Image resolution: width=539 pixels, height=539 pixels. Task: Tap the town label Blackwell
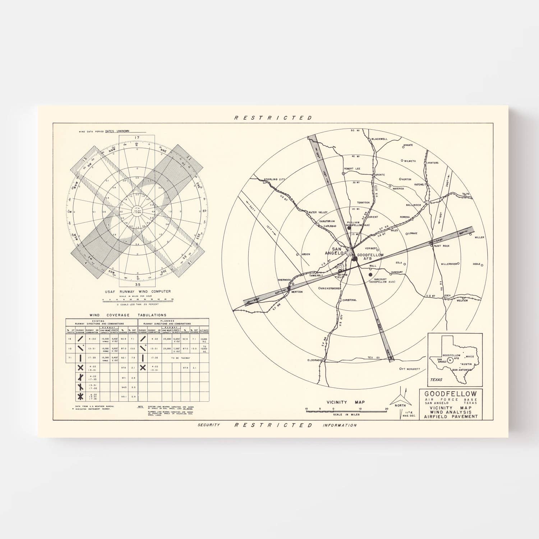tap(379, 139)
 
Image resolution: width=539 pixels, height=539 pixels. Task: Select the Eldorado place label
tap(314, 360)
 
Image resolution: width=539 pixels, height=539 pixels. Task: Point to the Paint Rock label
tap(442, 246)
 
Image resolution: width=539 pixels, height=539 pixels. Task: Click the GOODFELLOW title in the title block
tap(451, 394)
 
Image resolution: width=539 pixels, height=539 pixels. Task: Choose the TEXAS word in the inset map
tap(436, 379)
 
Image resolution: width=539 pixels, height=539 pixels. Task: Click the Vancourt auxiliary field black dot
tap(370, 275)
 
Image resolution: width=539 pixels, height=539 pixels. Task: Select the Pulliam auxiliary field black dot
tap(349, 227)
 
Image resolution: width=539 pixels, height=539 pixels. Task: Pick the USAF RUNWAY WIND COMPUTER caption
tap(138, 291)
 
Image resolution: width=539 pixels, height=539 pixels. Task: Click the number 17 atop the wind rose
tap(137, 138)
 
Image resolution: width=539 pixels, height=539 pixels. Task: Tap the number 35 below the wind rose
tap(137, 284)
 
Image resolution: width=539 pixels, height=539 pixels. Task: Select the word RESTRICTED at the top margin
tap(273, 118)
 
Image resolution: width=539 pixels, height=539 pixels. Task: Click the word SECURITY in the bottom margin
tap(208, 425)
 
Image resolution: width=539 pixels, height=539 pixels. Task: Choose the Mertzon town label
tap(297, 292)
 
